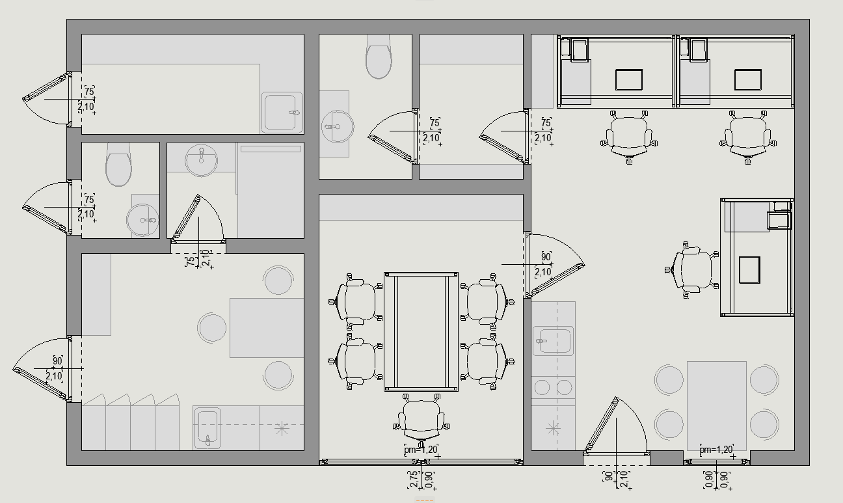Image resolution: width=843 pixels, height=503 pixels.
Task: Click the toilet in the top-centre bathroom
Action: (x=379, y=57)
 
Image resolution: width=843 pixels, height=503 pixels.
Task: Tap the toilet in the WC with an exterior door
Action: (x=118, y=164)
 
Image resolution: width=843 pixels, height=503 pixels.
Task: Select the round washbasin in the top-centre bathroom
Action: (x=338, y=126)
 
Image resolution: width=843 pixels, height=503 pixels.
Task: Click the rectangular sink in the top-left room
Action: (x=282, y=113)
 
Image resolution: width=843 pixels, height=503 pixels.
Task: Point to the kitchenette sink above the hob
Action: (x=553, y=341)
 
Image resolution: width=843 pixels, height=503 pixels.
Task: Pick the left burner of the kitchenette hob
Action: (x=542, y=387)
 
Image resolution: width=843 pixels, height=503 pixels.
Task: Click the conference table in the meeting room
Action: (x=421, y=332)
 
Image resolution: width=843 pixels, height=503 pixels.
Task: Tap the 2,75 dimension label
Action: (x=413, y=480)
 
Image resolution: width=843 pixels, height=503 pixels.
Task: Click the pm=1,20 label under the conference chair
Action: (x=421, y=450)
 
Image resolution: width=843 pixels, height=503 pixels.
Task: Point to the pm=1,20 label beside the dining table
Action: (x=716, y=450)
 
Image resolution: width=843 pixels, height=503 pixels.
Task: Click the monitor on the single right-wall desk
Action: (x=749, y=270)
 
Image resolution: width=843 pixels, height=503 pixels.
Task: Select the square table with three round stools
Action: (x=267, y=328)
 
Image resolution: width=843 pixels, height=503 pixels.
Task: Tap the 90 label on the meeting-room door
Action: (x=546, y=257)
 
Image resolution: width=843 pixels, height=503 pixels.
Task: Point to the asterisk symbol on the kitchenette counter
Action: (x=553, y=428)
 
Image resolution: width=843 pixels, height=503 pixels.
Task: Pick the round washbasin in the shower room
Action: (x=202, y=160)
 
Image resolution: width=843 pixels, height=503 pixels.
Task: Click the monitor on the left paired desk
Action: (x=629, y=80)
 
